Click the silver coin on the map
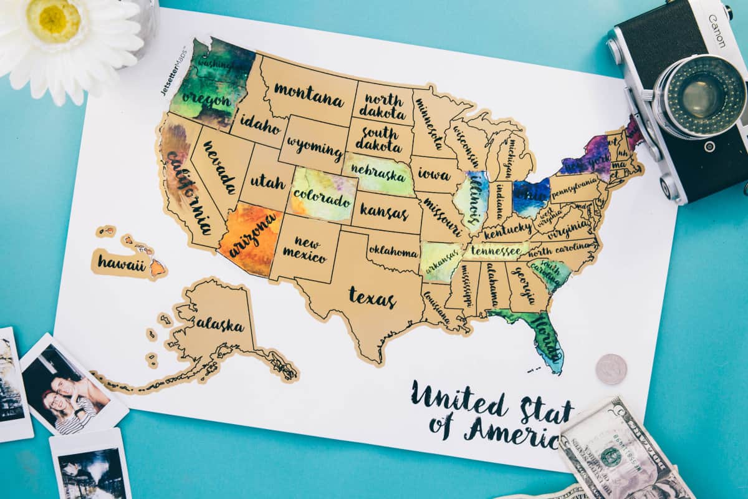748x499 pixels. point(611,369)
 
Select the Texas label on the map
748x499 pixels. point(372,298)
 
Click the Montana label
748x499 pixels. point(309,94)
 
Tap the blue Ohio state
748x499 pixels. point(530,195)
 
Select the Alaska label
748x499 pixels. point(219,324)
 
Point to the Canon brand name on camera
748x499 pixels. point(716,31)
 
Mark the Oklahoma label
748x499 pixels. point(393,251)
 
